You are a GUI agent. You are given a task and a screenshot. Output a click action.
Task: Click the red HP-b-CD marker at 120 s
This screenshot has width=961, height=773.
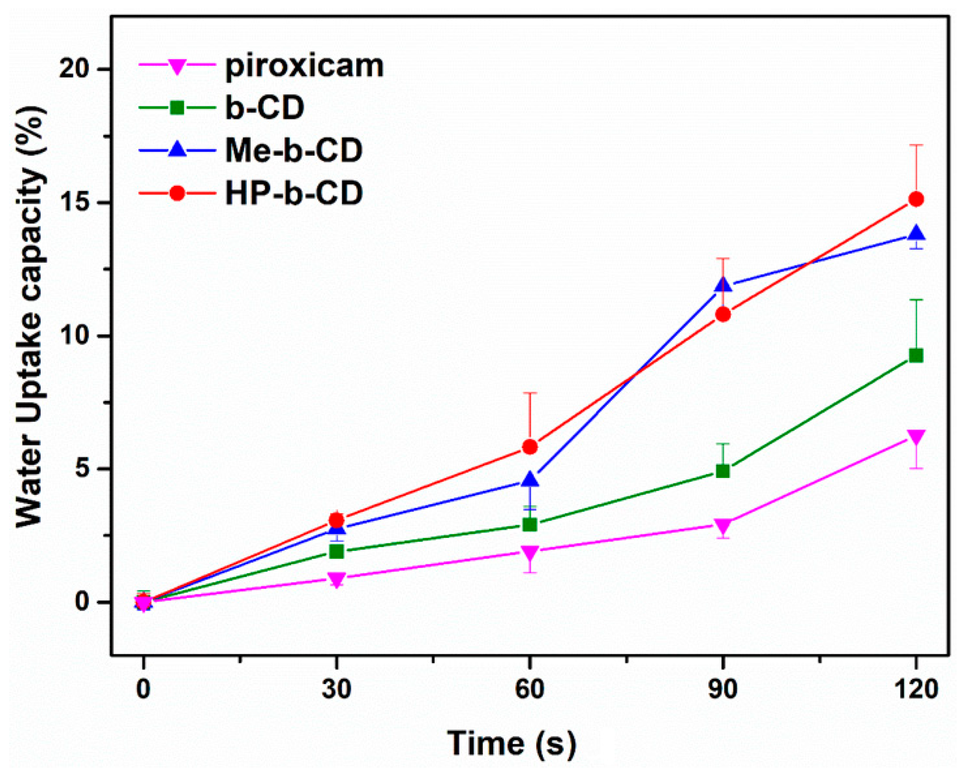pyautogui.click(x=916, y=199)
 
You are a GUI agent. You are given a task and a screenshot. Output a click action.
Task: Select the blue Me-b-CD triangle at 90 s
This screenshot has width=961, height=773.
pyautogui.click(x=723, y=284)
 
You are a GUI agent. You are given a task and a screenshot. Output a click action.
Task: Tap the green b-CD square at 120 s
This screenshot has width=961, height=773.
pyautogui.click(x=916, y=356)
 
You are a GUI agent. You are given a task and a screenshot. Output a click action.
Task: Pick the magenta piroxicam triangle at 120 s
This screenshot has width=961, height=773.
pyautogui.click(x=916, y=436)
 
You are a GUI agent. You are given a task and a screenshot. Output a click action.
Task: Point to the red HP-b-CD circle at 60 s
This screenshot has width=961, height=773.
pyautogui.click(x=530, y=446)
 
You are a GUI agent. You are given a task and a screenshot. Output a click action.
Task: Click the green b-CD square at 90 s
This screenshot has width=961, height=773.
pyautogui.click(x=723, y=471)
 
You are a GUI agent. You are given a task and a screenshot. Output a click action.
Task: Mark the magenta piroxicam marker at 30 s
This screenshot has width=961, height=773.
pyautogui.click(x=336, y=579)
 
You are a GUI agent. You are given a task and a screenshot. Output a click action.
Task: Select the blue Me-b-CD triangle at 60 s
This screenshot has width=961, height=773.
pyautogui.click(x=530, y=479)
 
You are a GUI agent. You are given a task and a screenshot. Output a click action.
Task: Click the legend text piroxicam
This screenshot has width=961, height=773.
pyautogui.click(x=304, y=65)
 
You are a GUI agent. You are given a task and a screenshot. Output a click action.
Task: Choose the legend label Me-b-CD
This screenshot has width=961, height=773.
pyautogui.click(x=294, y=150)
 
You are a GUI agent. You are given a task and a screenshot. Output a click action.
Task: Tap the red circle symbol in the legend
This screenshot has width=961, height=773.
pyautogui.click(x=178, y=193)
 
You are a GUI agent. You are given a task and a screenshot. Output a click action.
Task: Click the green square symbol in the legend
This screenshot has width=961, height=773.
pyautogui.click(x=178, y=107)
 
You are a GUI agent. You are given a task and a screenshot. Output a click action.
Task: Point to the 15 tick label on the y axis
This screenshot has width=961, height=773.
pyautogui.click(x=75, y=203)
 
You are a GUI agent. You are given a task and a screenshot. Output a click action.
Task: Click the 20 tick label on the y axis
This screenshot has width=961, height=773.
pyautogui.click(x=75, y=69)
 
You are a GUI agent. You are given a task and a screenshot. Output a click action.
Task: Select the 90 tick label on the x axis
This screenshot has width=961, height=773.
pyautogui.click(x=723, y=689)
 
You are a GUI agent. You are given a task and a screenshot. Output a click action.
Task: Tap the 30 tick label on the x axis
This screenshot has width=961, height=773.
pyautogui.click(x=336, y=689)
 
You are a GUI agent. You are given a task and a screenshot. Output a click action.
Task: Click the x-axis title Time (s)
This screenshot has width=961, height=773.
pyautogui.click(x=511, y=743)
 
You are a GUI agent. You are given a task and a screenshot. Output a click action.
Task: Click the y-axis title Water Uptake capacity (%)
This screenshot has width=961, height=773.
pyautogui.click(x=30, y=317)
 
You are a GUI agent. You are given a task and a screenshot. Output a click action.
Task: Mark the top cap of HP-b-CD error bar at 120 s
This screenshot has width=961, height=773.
pyautogui.click(x=916, y=145)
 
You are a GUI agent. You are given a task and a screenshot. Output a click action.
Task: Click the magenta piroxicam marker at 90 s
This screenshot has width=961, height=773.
pyautogui.click(x=723, y=525)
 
